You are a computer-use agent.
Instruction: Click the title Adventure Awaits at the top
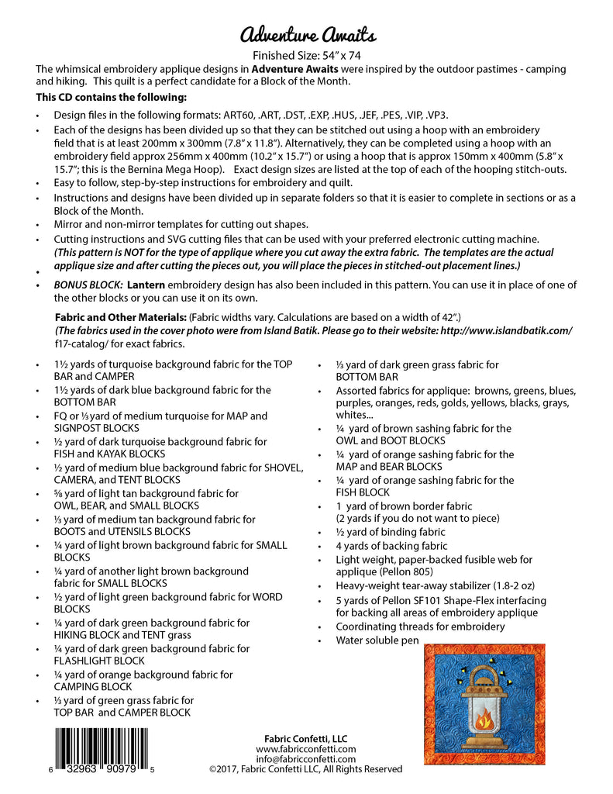pos(308,35)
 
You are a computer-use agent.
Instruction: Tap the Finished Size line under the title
pos(308,55)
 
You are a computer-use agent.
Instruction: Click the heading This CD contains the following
pos(111,97)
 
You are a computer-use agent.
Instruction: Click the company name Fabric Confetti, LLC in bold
pos(306,737)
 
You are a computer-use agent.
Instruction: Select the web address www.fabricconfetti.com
pos(306,749)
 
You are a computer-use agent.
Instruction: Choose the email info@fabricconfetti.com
pos(306,759)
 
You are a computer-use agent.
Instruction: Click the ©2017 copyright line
pos(306,769)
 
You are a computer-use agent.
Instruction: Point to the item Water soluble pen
pos(377,640)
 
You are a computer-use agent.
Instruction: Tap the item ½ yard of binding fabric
pos(390,532)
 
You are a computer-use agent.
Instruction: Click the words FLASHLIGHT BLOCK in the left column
pos(99,661)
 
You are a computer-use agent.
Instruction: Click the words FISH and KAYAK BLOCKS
pos(109,454)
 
